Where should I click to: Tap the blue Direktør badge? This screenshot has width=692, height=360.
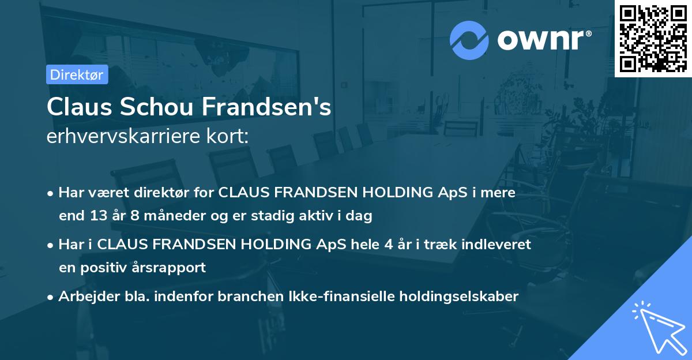click(77, 74)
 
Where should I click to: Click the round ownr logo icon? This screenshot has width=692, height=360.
click(469, 40)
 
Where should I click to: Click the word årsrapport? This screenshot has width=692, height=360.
click(171, 268)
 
